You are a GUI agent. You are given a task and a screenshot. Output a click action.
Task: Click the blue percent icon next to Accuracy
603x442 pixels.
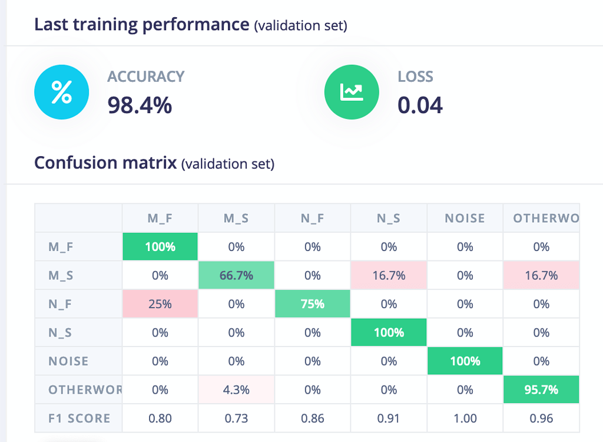tap(61, 93)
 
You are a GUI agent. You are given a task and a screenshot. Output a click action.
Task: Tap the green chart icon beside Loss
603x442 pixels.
tap(352, 93)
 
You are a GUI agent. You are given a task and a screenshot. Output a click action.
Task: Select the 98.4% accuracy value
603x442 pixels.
tap(140, 105)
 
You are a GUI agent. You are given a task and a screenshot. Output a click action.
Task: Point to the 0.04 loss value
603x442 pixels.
tap(420, 105)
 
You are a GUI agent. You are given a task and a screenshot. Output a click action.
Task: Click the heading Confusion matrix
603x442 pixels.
tap(105, 163)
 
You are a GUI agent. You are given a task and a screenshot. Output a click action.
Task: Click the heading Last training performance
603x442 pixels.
tap(141, 25)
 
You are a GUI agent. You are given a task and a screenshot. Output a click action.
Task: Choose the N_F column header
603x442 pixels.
tap(312, 218)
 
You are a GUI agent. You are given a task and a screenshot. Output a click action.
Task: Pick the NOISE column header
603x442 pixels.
tap(465, 218)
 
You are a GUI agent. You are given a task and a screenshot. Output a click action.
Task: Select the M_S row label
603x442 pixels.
tap(61, 275)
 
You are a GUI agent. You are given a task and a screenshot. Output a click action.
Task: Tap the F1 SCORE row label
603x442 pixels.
tap(79, 418)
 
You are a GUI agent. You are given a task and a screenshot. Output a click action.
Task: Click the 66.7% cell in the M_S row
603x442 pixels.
tap(236, 275)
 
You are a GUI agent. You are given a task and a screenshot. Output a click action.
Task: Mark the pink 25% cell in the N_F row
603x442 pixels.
tap(160, 304)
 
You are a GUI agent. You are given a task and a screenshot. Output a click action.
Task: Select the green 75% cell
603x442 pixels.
tap(312, 304)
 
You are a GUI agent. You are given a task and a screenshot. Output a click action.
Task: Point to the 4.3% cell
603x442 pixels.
tap(236, 390)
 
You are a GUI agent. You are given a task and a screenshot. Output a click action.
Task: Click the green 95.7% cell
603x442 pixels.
tap(541, 390)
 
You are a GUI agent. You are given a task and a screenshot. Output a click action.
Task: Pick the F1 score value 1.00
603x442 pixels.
tap(465, 418)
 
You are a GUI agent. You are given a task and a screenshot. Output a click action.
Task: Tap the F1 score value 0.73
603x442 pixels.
tap(236, 418)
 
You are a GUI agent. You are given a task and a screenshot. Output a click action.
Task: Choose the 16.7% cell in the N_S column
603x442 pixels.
tap(389, 275)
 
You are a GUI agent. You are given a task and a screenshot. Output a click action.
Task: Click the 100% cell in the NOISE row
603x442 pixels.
tap(465, 361)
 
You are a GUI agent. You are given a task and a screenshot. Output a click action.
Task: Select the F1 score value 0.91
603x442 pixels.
tap(389, 418)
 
